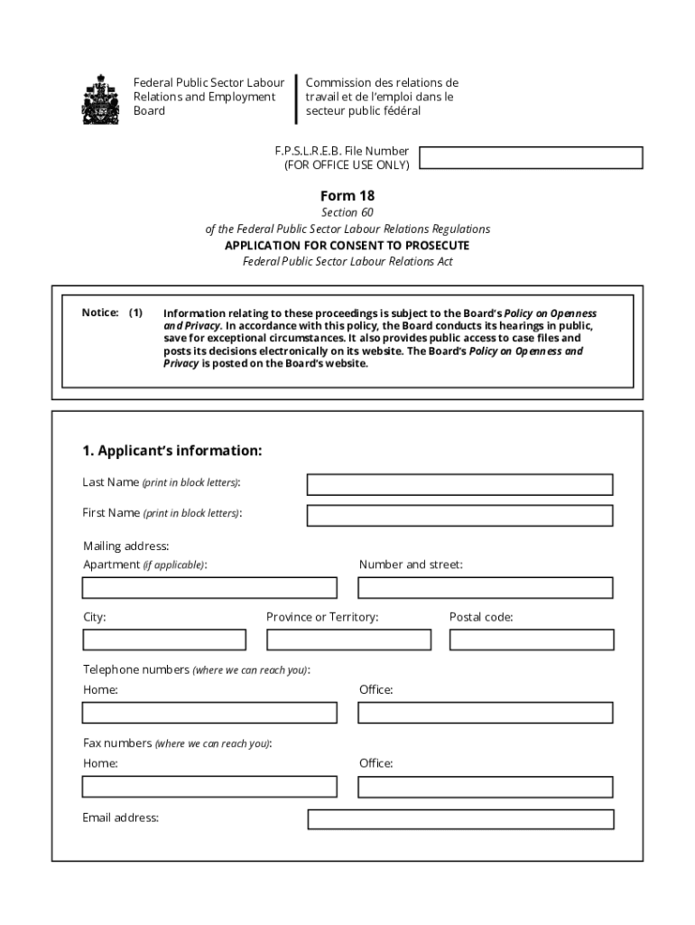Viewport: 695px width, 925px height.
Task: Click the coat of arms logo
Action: click(x=100, y=98)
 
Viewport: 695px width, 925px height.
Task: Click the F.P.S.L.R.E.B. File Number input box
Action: click(x=531, y=158)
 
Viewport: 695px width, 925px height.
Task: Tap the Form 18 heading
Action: click(x=347, y=196)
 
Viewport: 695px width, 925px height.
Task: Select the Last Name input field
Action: click(x=459, y=485)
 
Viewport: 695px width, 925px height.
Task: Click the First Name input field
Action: click(x=459, y=516)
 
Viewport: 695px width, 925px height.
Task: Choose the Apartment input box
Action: click(x=209, y=588)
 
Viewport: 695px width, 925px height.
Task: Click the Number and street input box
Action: click(x=485, y=588)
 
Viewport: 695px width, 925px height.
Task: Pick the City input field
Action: click(x=164, y=640)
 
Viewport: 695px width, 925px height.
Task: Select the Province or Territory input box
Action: click(x=348, y=640)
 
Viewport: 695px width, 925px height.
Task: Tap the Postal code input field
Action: click(x=532, y=640)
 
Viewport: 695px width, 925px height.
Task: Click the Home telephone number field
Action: click(x=209, y=713)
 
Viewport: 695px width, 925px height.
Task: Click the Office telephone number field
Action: click(x=485, y=713)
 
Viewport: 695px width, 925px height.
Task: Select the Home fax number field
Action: click(x=209, y=787)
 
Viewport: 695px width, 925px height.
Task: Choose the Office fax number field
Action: click(x=485, y=787)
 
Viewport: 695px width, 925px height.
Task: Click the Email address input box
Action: click(x=460, y=819)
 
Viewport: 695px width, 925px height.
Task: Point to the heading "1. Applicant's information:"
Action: click(x=171, y=451)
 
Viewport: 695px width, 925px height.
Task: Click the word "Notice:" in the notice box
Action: click(x=100, y=313)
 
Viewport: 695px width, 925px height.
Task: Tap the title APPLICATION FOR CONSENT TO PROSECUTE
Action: click(x=347, y=246)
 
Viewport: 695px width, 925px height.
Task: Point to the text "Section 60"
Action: click(x=347, y=212)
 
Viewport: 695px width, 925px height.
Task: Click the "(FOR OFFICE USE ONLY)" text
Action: click(x=347, y=165)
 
